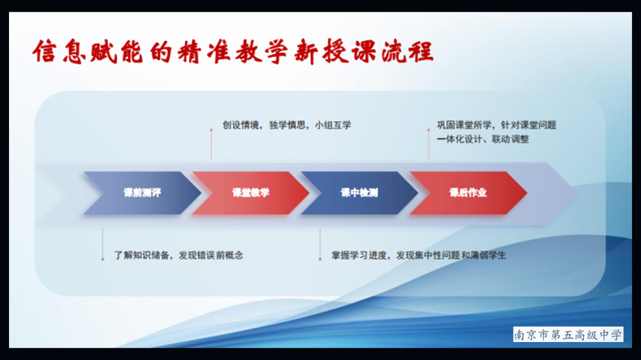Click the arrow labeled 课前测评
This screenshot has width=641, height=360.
coord(142,193)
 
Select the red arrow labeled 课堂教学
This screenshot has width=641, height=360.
coord(251,193)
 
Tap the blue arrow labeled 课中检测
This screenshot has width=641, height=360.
coord(360,193)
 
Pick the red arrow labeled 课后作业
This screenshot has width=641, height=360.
coord(468,193)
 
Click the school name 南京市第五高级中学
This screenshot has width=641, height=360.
coord(568,334)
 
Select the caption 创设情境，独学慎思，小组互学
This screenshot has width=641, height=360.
coord(287,125)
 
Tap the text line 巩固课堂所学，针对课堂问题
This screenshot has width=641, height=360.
coord(496,125)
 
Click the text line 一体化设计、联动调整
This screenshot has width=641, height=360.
coord(483,139)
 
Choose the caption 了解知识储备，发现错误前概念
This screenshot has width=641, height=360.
coord(179,256)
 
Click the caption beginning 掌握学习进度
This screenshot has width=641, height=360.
coord(419,256)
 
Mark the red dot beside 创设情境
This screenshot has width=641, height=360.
coord(212,130)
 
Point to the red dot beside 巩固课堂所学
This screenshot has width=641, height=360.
coord(428,130)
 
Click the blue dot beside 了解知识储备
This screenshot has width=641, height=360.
coord(103,259)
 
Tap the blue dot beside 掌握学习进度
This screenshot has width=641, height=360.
coord(320,259)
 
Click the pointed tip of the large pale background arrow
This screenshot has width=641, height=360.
coord(577,193)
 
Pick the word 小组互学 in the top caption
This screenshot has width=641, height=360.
coord(333,125)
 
